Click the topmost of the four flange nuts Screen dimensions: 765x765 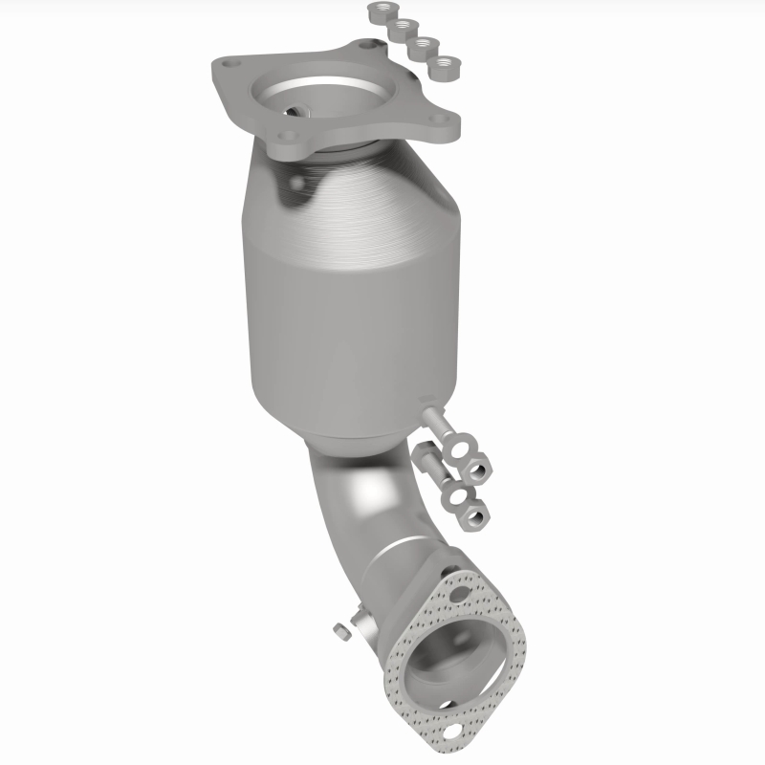378,12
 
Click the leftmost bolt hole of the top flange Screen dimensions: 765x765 227,65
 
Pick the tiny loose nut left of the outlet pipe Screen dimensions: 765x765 340,630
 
